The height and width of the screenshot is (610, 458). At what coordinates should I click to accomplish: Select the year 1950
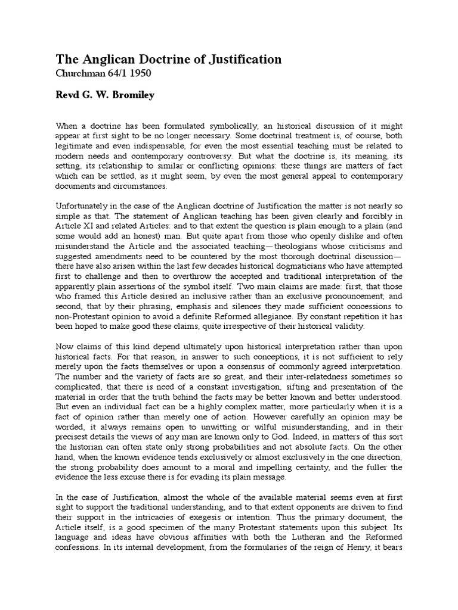141,73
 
